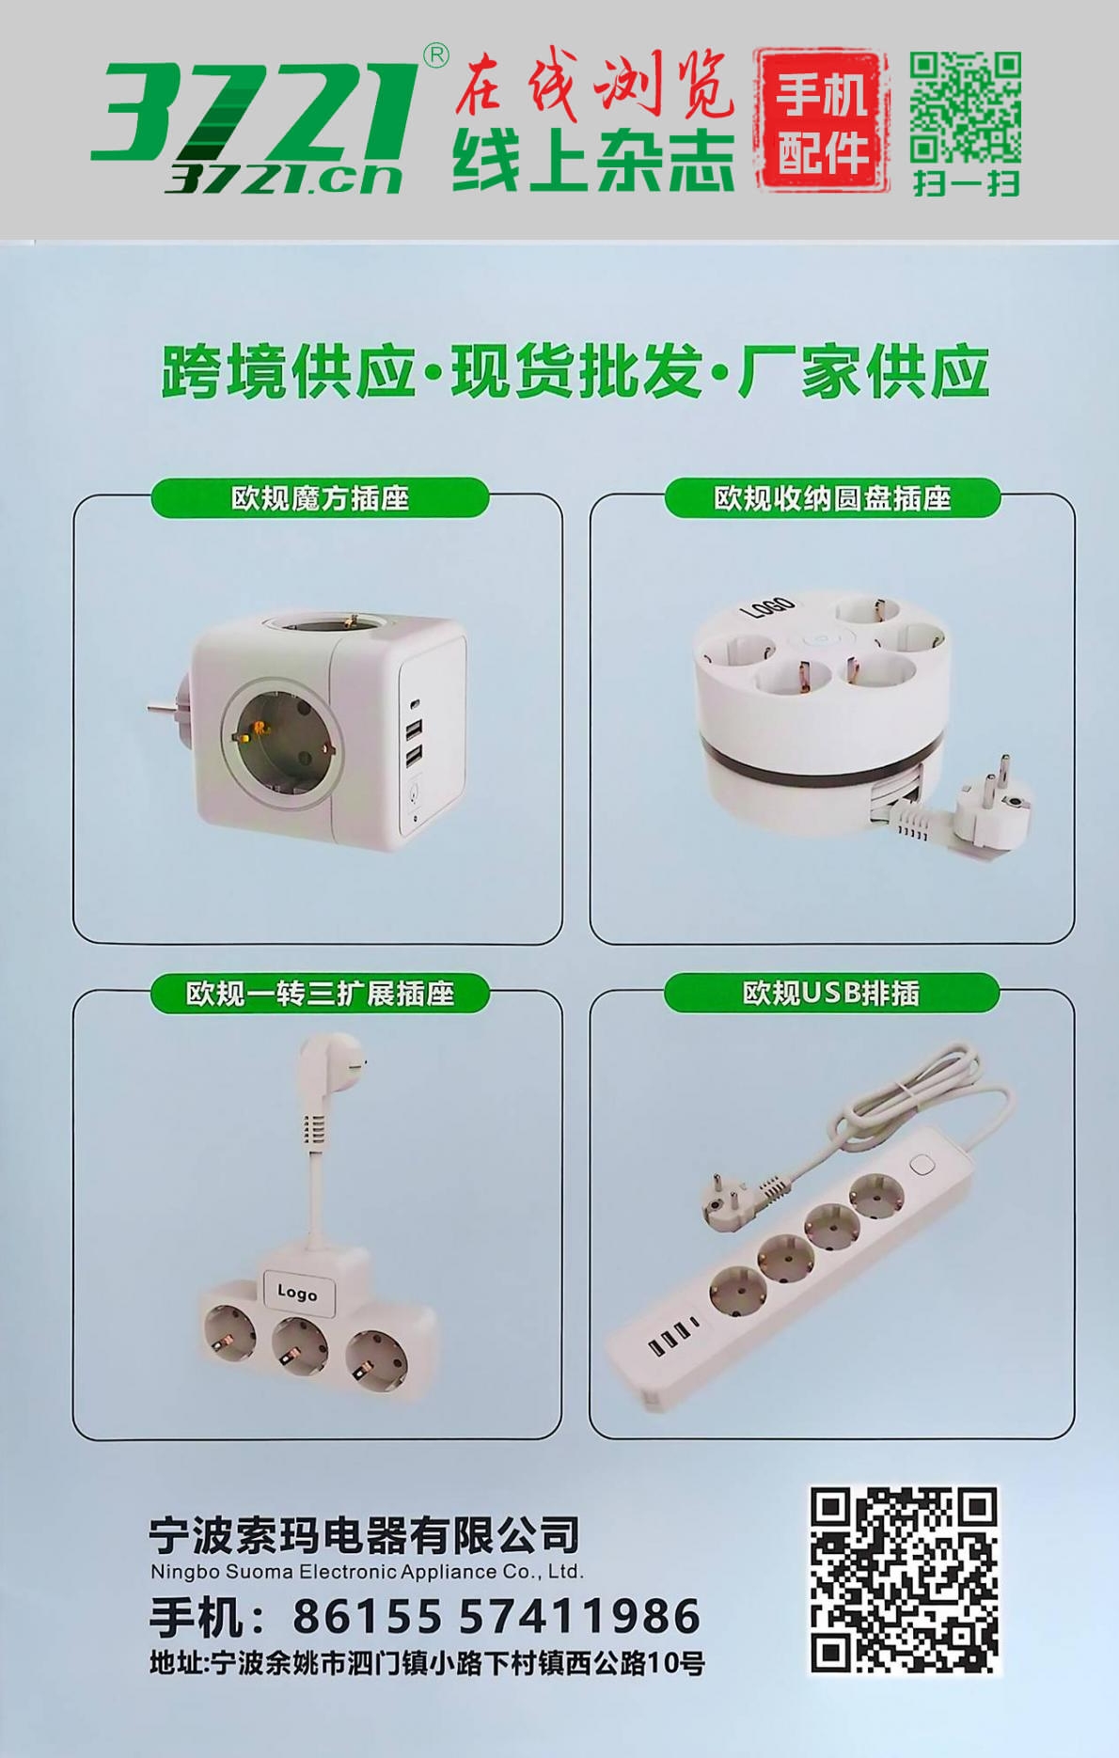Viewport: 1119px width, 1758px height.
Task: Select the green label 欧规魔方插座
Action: click(x=320, y=497)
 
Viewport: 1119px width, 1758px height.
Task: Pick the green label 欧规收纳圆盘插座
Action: click(x=832, y=497)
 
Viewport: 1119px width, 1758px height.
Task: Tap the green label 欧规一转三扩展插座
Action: click(x=320, y=993)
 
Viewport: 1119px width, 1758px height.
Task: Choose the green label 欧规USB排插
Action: click(x=831, y=993)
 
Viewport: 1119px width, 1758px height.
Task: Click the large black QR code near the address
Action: click(x=904, y=1579)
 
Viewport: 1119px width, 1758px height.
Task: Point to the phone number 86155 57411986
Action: click(x=496, y=1616)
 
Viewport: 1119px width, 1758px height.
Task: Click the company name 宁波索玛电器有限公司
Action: click(x=364, y=1535)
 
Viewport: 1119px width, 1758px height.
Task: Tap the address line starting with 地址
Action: click(x=427, y=1663)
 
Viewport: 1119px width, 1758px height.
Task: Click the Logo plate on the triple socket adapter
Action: click(x=297, y=1293)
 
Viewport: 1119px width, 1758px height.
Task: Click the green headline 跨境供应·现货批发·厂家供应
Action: click(x=575, y=372)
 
